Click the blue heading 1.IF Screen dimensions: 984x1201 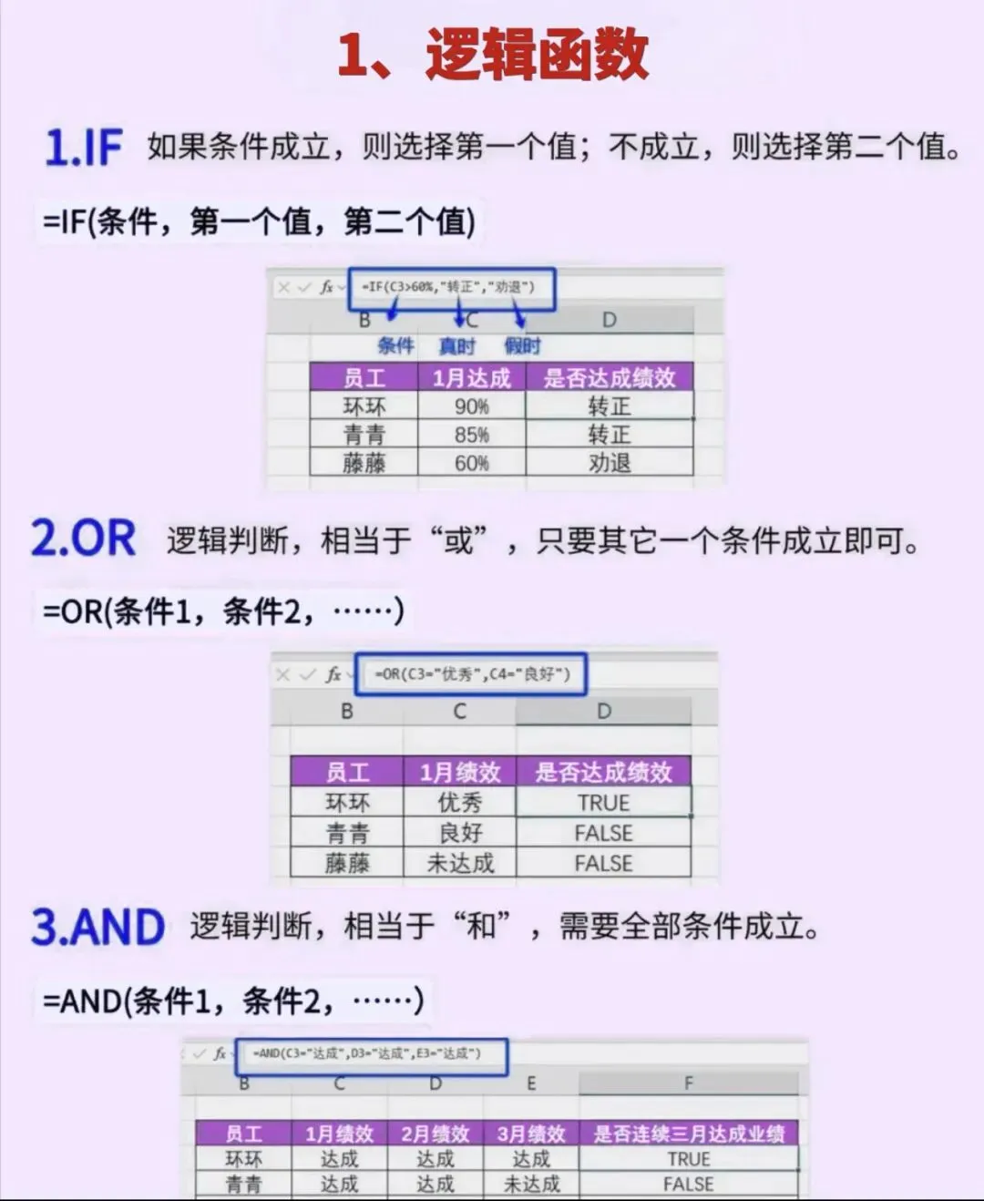coord(84,148)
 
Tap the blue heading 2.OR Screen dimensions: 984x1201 coord(84,539)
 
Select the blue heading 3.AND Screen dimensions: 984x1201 coord(98,928)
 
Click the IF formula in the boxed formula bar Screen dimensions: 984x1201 coord(448,287)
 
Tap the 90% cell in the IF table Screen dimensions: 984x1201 coord(471,406)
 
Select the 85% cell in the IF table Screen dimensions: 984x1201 coord(471,435)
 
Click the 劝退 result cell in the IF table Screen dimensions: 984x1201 coord(609,463)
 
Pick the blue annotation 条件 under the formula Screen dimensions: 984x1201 coord(395,346)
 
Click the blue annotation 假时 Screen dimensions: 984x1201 coord(522,346)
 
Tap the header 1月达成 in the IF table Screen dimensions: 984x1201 coord(471,378)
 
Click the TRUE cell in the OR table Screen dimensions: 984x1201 coord(603,803)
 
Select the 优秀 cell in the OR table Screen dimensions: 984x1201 coord(459,803)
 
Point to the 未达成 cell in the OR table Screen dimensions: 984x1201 coord(459,863)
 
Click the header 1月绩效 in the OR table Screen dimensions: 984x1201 coord(459,773)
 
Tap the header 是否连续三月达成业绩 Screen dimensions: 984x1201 coord(688,1134)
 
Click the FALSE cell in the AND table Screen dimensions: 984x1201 coord(688,1184)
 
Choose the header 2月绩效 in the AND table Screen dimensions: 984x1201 coord(435,1134)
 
